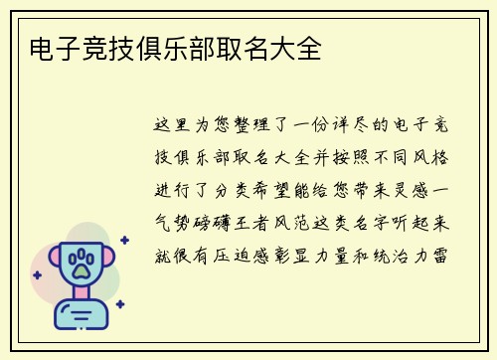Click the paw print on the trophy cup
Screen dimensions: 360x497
coord(80,264)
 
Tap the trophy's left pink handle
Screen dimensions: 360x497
coord(48,261)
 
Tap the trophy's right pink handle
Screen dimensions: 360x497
coord(110,261)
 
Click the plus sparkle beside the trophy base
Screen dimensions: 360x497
coord(119,304)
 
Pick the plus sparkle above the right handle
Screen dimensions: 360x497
coord(124,240)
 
